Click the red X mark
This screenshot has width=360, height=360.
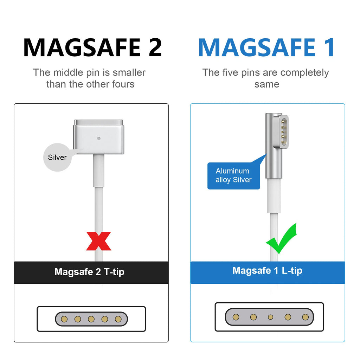point(99,241)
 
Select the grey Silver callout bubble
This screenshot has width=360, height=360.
point(57,157)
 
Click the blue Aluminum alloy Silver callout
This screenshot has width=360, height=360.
point(234,176)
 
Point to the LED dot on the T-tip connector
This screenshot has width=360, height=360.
point(99,139)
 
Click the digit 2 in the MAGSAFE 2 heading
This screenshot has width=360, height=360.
point(155,47)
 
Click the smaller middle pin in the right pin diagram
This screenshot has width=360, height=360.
point(270,317)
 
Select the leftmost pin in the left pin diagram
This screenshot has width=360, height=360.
point(64,319)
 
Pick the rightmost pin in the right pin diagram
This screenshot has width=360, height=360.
point(306,317)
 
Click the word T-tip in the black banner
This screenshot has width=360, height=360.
point(114,272)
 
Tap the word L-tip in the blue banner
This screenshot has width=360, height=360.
point(292,271)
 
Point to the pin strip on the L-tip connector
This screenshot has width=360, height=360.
point(284,132)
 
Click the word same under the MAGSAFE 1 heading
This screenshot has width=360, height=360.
point(267,84)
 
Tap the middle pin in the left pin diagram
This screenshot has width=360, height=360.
point(91,319)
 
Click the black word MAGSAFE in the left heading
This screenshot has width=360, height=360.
point(82,47)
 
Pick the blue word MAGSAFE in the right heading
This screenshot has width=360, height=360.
point(257,47)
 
